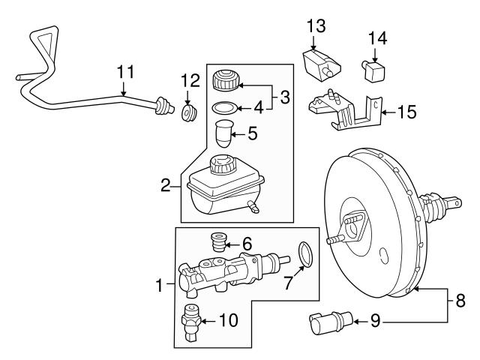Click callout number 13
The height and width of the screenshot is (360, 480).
(x=316, y=26)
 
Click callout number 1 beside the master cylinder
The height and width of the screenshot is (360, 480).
(x=159, y=284)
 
